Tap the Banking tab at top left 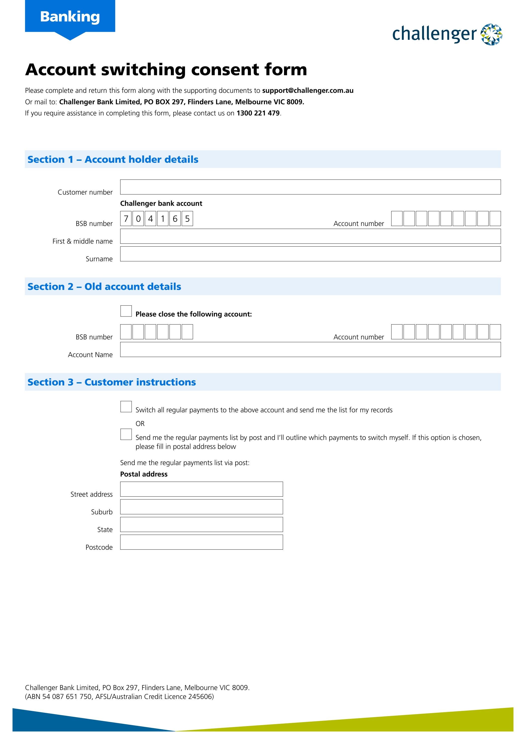click(70, 17)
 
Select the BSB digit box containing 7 click(126, 219)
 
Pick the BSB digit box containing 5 click(187, 219)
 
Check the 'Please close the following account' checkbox click(126, 311)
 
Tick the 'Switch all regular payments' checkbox click(126, 407)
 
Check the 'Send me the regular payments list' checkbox click(126, 434)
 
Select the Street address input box click(201, 489)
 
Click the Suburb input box click(201, 507)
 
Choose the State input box click(201, 524)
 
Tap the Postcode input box click(201, 542)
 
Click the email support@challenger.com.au click(307, 90)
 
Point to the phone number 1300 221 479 click(258, 113)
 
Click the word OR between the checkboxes click(140, 424)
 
